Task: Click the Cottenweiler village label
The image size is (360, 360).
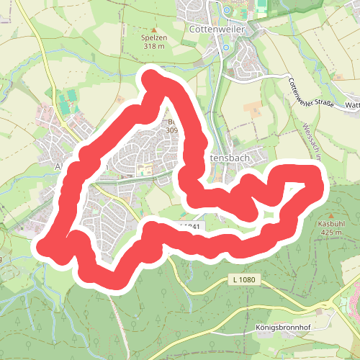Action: point(217,30)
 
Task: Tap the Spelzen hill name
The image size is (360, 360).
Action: point(153,37)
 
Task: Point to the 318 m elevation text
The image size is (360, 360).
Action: point(153,46)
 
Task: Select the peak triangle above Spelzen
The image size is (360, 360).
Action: point(153,30)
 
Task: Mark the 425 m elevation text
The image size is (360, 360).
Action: point(331,233)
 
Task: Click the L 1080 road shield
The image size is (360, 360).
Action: point(245,279)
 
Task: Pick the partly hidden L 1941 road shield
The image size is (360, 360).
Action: point(193,226)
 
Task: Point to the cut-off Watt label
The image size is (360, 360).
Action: point(352,105)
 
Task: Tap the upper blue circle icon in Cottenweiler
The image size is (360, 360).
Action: point(226,11)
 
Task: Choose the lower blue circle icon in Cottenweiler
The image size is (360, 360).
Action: point(225,48)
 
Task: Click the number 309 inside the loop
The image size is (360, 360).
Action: point(171,130)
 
